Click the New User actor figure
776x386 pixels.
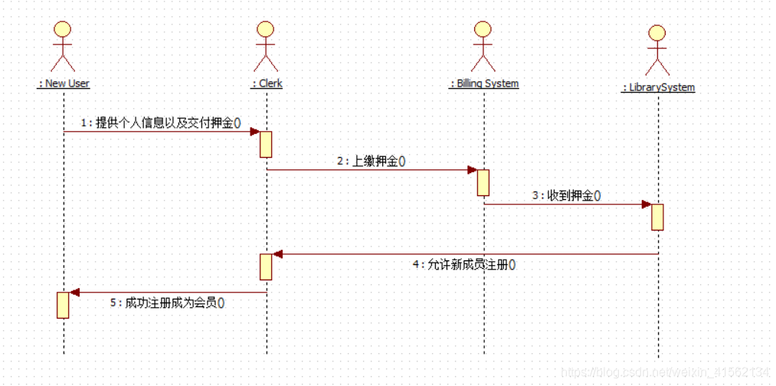click(x=63, y=46)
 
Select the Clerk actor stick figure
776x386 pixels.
click(x=266, y=46)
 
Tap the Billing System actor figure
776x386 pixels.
click(x=483, y=46)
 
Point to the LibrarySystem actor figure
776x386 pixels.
click(x=657, y=50)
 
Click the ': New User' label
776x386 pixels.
click(x=64, y=83)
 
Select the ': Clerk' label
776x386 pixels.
click(x=267, y=83)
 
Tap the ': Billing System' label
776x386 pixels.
click(x=483, y=83)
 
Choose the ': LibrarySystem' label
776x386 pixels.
click(x=658, y=87)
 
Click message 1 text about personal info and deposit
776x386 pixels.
click(x=162, y=123)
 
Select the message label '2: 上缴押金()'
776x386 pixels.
click(x=371, y=161)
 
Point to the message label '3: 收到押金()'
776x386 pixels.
click(x=567, y=196)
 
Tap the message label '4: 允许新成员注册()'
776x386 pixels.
click(x=463, y=265)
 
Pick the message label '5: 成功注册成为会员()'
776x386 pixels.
click(x=167, y=303)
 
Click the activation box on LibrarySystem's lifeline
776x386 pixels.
click(x=657, y=217)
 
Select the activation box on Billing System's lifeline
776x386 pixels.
click(x=483, y=182)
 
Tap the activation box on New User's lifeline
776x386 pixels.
click(x=63, y=305)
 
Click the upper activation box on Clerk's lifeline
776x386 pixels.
click(x=266, y=144)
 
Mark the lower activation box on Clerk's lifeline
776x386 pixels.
click(x=266, y=267)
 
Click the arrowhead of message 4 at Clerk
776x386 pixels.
click(x=277, y=254)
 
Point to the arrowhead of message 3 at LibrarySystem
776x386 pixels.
click(x=646, y=204)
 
